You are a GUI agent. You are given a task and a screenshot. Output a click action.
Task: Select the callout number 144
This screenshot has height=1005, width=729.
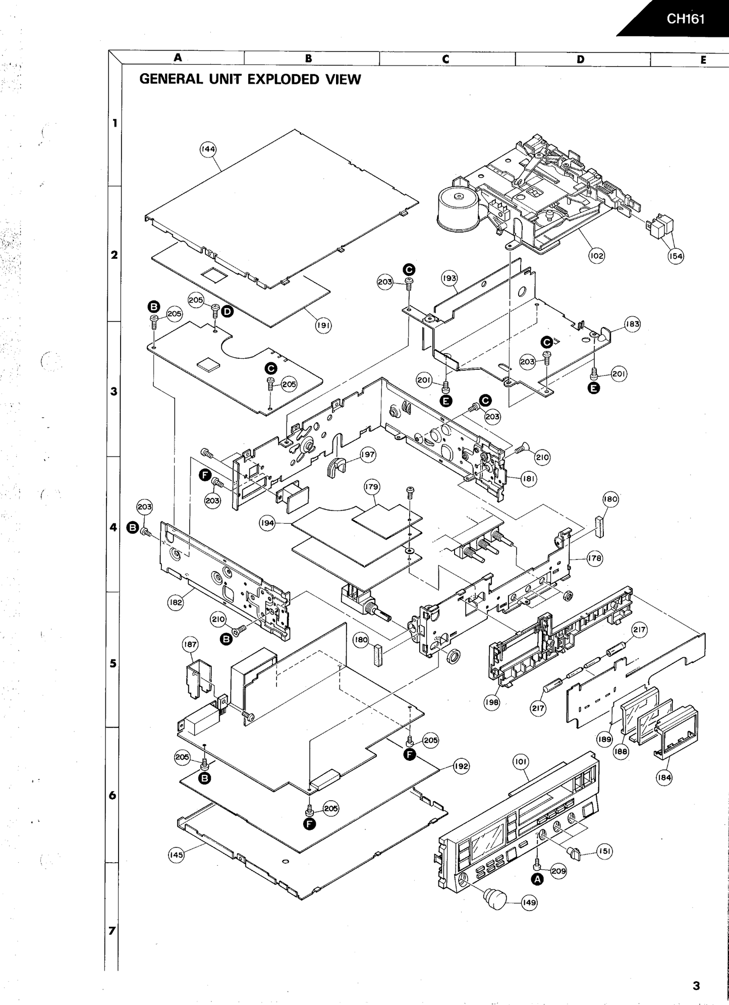(x=208, y=149)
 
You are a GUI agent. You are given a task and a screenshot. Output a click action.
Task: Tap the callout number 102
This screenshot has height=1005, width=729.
(x=596, y=256)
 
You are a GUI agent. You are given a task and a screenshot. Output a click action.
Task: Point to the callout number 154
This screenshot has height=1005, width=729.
(x=676, y=256)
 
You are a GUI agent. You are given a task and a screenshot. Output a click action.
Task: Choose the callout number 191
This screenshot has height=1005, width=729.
(x=323, y=325)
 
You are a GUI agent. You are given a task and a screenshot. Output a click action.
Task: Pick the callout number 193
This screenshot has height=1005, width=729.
(x=449, y=278)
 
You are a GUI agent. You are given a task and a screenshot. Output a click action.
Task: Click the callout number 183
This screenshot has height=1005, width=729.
(x=632, y=324)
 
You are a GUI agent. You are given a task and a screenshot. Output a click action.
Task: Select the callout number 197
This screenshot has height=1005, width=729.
(x=368, y=455)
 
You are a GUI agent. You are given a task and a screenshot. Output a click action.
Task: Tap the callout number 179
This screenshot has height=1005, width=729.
(x=372, y=487)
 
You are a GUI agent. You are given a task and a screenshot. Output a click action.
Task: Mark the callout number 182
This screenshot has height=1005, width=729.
(x=176, y=602)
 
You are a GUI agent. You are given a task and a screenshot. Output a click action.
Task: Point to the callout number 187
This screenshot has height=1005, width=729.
(x=190, y=644)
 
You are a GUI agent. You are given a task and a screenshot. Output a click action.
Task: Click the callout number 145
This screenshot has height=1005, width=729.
(x=176, y=855)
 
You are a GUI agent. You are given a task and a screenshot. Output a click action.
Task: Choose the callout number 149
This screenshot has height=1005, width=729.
(x=529, y=903)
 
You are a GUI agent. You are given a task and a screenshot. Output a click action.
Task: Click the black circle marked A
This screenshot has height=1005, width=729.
(x=538, y=879)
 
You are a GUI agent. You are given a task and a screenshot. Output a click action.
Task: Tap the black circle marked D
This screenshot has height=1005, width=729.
(x=228, y=312)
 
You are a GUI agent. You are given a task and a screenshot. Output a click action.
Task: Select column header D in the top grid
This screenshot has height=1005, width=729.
(x=581, y=59)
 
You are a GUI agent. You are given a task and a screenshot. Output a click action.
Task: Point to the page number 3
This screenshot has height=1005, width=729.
(x=696, y=985)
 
